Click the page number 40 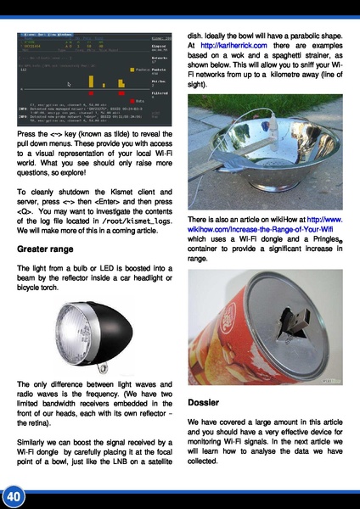click(x=12, y=495)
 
